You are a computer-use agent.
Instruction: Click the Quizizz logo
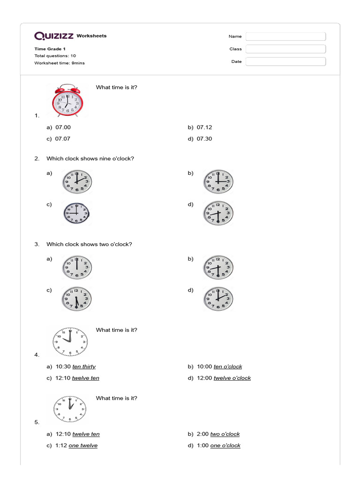click(54, 36)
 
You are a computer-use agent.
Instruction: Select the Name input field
click(285, 37)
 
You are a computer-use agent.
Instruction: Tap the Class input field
click(285, 49)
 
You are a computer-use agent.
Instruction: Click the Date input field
click(285, 61)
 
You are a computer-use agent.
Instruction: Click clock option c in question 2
click(77, 213)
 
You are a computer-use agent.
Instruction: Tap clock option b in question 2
click(218, 181)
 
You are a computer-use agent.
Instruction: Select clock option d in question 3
click(218, 299)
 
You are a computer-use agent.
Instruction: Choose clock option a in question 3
click(77, 267)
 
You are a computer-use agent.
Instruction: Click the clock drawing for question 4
click(70, 341)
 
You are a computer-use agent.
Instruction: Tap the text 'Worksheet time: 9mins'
click(60, 63)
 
